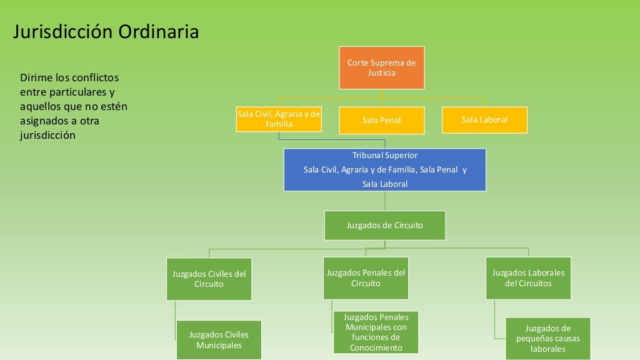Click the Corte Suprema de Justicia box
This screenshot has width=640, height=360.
[381, 67]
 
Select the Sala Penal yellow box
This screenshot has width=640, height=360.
[381, 120]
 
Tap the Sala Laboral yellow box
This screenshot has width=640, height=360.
[484, 119]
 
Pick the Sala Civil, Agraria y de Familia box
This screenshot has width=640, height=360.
[279, 119]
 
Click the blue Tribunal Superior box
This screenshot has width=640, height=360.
[384, 169]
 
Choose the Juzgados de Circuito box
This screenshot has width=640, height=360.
[384, 225]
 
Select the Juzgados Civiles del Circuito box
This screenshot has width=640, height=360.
[209, 279]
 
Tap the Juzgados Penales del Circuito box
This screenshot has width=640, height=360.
[366, 278]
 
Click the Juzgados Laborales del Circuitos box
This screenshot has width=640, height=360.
[528, 278]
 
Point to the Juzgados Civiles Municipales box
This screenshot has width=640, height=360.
[219, 340]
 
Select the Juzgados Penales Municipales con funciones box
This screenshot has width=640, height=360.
[376, 332]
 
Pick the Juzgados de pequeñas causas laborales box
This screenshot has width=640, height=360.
[547, 339]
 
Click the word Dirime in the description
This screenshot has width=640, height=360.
[37, 78]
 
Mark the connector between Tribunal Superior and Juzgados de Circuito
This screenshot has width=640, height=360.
[384, 201]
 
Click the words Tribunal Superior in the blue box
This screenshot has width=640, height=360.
[384, 155]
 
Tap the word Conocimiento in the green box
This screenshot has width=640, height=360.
[376, 348]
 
